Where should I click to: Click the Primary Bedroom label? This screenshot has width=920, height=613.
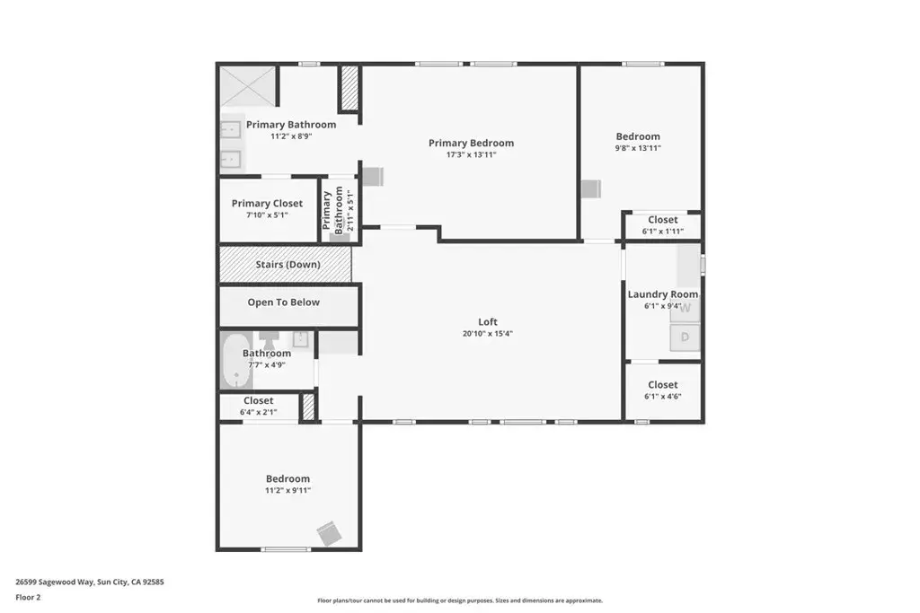[x=471, y=143]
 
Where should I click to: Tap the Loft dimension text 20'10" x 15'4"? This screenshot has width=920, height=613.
[x=488, y=334]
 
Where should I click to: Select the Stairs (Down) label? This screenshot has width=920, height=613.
[x=287, y=264]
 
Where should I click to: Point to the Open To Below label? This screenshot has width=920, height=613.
[x=283, y=302]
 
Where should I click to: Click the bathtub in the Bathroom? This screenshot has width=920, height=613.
[x=236, y=361]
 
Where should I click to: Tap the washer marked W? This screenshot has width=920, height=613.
[x=685, y=308]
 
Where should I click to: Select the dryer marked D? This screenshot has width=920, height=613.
[x=685, y=337]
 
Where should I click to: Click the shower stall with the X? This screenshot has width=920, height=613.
[x=248, y=87]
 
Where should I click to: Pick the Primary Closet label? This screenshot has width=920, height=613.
[x=267, y=204]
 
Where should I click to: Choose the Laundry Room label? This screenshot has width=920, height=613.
[x=663, y=294]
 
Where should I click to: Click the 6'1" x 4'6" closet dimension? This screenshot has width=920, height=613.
[x=663, y=396]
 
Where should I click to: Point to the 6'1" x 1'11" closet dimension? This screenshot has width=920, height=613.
[x=663, y=231]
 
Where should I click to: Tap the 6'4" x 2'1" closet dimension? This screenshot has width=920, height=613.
[x=258, y=412]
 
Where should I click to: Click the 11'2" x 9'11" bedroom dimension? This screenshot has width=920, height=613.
[x=287, y=491]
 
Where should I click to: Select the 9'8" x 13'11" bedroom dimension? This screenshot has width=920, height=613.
[x=638, y=148]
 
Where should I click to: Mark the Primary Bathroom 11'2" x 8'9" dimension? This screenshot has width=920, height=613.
[x=291, y=136]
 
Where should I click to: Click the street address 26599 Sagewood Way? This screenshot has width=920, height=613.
[x=55, y=582]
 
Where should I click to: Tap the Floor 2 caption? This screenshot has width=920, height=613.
[x=28, y=597]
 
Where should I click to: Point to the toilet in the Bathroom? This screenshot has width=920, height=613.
[x=270, y=340]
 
